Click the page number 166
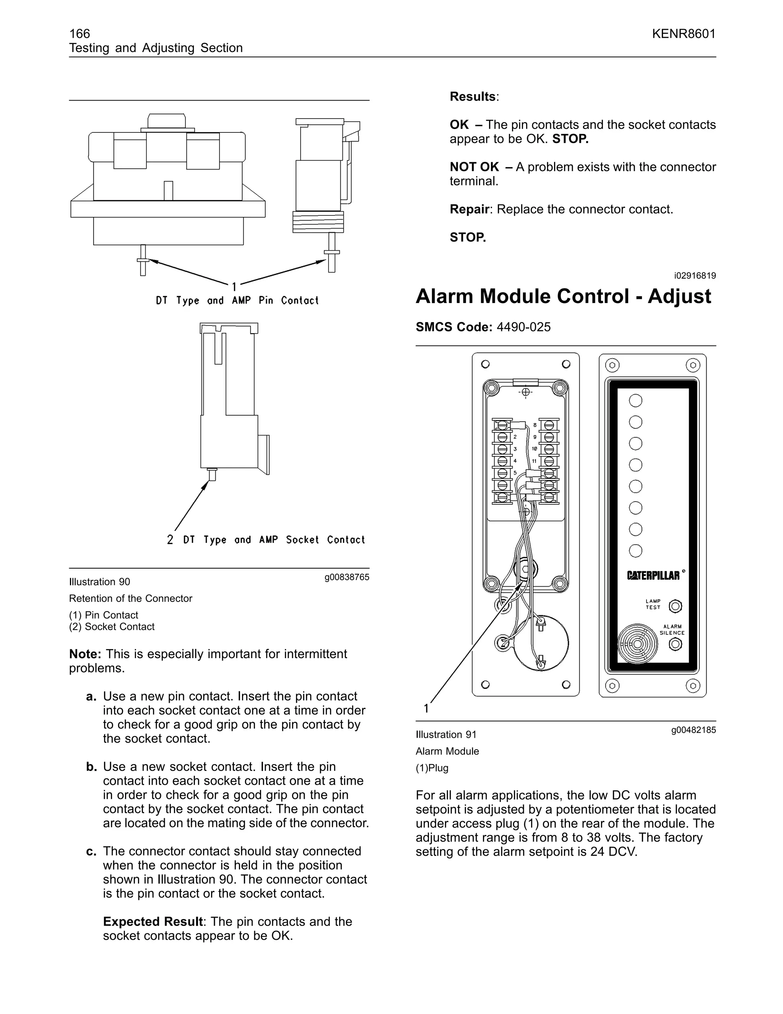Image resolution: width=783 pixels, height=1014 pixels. pyautogui.click(x=79, y=33)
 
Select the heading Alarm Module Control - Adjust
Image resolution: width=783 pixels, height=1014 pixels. pyautogui.click(x=563, y=296)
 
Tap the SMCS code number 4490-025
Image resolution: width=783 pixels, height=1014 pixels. pyautogui.click(x=523, y=327)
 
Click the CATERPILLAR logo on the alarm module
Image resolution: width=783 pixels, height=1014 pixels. pyautogui.click(x=653, y=575)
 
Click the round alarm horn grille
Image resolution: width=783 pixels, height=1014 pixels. pyautogui.click(x=638, y=644)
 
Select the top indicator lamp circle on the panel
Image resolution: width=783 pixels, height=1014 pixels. pyautogui.click(x=635, y=400)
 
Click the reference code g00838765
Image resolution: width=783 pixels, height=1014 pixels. pyautogui.click(x=346, y=577)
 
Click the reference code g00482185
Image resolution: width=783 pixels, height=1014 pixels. pyautogui.click(x=693, y=730)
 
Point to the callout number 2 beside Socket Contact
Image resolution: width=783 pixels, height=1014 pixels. pyautogui.click(x=170, y=540)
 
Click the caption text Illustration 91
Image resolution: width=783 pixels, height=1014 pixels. pyautogui.click(x=446, y=735)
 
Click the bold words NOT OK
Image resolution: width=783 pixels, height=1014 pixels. pyautogui.click(x=474, y=167)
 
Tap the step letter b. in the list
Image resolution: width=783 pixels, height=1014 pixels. pyautogui.click(x=91, y=766)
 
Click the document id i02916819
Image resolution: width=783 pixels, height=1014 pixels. pyautogui.click(x=694, y=276)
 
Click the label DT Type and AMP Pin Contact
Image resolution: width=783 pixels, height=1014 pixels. pyautogui.click(x=237, y=300)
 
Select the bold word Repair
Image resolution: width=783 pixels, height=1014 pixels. pyautogui.click(x=469, y=209)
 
